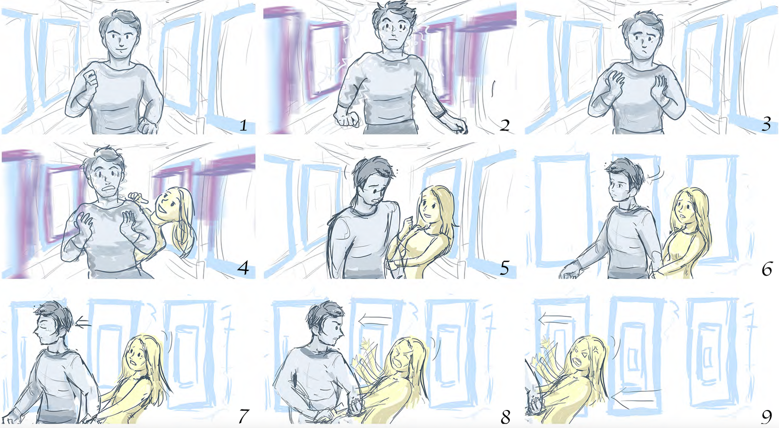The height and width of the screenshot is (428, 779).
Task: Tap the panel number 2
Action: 504,125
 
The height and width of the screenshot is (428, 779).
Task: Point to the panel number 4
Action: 242,268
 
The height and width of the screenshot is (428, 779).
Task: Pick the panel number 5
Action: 504,268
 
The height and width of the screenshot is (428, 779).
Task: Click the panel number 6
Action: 766,268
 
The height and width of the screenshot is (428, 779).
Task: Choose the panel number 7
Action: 243,415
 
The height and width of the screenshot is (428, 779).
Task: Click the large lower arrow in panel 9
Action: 636,396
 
